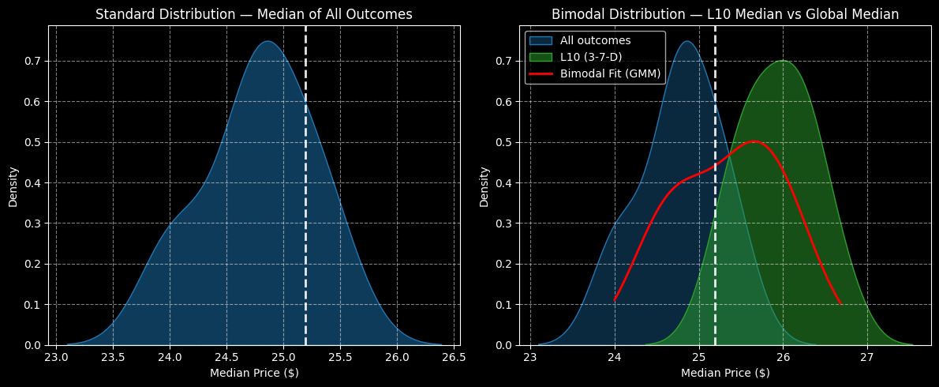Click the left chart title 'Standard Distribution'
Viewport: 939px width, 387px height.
pos(253,14)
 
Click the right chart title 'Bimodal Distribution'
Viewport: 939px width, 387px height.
pos(725,14)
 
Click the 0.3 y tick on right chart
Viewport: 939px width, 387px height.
pos(506,224)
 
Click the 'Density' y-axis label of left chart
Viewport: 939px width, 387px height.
pos(13,186)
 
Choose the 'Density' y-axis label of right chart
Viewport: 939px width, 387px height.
pos(484,186)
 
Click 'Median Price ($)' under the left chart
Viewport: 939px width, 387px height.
pos(254,373)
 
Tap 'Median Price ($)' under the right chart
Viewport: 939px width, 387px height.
pos(725,373)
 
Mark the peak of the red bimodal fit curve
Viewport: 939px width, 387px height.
pos(754,141)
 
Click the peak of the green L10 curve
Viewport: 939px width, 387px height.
pos(783,61)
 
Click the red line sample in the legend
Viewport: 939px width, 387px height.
pos(541,73)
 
